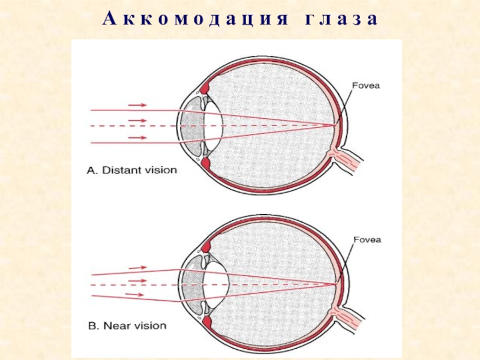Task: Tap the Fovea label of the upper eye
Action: point(366,86)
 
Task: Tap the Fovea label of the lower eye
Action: point(366,240)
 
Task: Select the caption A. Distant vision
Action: point(133,170)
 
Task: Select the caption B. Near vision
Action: point(127,326)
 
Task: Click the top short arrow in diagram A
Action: point(137,105)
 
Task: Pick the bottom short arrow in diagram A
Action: point(137,137)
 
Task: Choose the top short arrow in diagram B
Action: point(137,266)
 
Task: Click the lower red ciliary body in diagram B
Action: point(208,322)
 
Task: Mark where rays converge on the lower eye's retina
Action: point(337,281)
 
